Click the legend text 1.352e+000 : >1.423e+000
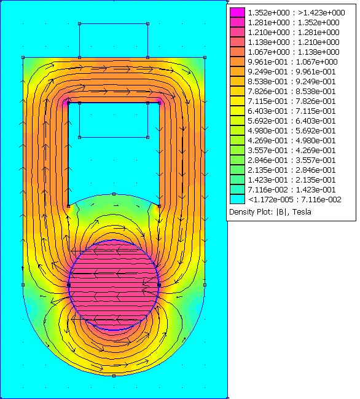(296, 13)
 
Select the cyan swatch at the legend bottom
(238, 199)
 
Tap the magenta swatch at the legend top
(238, 12)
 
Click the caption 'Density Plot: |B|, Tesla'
(270, 212)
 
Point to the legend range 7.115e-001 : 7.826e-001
(292, 101)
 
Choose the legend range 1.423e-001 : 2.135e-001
(292, 180)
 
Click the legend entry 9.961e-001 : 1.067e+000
(292, 62)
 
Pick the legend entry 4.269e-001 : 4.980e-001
(292, 140)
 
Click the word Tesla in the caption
(302, 212)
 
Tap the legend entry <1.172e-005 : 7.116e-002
(295, 199)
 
